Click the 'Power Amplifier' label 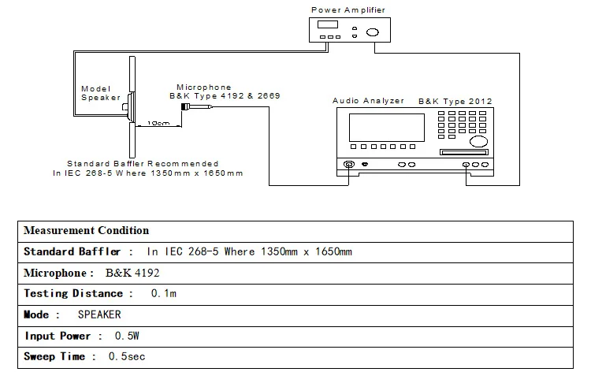(x=348, y=9)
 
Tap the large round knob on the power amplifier (x=371, y=32)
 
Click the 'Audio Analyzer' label (x=368, y=101)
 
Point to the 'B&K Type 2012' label (x=455, y=101)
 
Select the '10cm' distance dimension (x=158, y=124)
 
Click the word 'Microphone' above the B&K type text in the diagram (x=204, y=87)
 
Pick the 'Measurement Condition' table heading (x=86, y=231)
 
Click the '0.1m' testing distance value (x=163, y=294)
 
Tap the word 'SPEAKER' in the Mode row (x=99, y=314)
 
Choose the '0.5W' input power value (x=128, y=336)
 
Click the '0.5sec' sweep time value (x=127, y=357)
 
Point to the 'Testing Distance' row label (x=73, y=294)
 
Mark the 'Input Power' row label (x=63, y=336)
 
